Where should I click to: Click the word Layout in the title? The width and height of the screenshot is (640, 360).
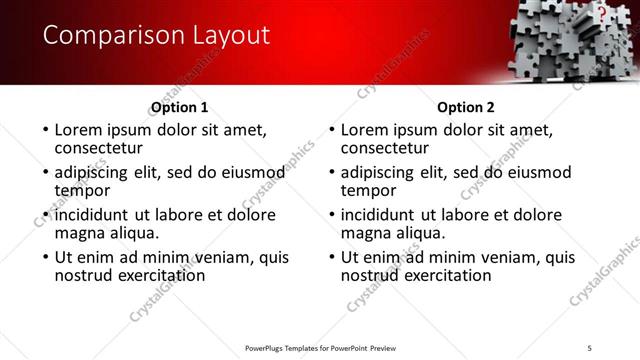(225, 36)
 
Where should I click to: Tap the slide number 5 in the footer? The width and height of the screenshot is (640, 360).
(590, 347)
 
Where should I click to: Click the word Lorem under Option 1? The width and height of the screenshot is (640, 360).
(79, 130)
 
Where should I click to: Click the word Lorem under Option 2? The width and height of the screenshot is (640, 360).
(366, 130)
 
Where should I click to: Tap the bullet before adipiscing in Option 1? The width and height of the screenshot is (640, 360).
(44, 173)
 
